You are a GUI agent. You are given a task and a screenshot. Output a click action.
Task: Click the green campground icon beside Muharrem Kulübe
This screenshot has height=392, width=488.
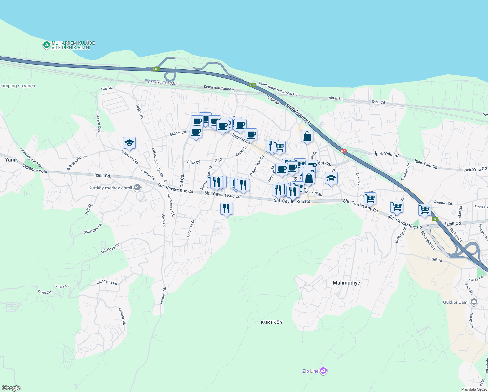47,45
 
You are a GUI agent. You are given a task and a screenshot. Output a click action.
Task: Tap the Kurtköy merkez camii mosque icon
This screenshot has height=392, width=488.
137,188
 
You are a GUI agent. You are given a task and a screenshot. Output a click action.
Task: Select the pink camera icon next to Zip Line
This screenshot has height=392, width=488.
323,371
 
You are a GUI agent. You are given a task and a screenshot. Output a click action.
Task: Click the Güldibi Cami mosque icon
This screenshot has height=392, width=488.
474,302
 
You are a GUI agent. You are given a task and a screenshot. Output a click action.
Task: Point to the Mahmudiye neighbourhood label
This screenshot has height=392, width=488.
346,283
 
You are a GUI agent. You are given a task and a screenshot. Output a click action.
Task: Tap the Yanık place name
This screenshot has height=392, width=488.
11,160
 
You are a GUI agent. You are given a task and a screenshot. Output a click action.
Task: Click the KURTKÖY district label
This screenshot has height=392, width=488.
272,322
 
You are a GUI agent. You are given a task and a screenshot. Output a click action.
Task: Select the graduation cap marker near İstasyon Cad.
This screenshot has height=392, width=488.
129,142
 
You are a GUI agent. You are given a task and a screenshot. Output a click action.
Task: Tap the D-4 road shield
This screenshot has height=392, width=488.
343,151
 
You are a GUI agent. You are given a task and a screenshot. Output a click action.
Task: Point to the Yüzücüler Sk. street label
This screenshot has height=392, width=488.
93,229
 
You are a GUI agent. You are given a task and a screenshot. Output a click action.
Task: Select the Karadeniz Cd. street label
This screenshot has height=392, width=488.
107,282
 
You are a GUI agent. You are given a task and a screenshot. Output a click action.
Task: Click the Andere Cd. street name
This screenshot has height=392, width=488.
122,316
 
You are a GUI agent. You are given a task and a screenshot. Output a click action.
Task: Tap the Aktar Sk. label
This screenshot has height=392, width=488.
336,98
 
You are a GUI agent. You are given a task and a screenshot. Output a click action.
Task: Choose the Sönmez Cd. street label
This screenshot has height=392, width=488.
443,203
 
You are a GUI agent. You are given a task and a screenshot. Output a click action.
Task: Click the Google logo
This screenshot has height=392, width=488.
11,388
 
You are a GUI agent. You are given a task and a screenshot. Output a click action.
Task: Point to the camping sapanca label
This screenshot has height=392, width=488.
18,86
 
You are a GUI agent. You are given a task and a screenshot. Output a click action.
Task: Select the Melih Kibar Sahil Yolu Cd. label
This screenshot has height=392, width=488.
278,89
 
